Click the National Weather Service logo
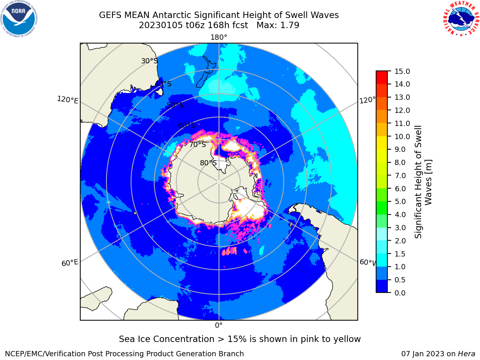[x=461, y=19]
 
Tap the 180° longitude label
[x=219, y=37]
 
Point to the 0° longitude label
[x=219, y=325]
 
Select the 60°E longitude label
[x=70, y=262]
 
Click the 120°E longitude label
[x=67, y=100]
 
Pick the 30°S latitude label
[x=149, y=61]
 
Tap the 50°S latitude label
[x=175, y=105]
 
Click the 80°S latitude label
[x=208, y=163]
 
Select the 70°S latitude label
[x=198, y=144]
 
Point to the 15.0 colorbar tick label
[x=402, y=71]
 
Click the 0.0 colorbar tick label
[x=400, y=293]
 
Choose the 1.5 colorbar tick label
[x=400, y=254]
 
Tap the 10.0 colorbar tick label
[x=402, y=136]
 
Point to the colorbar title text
[x=423, y=182]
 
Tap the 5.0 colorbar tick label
[x=400, y=201]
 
